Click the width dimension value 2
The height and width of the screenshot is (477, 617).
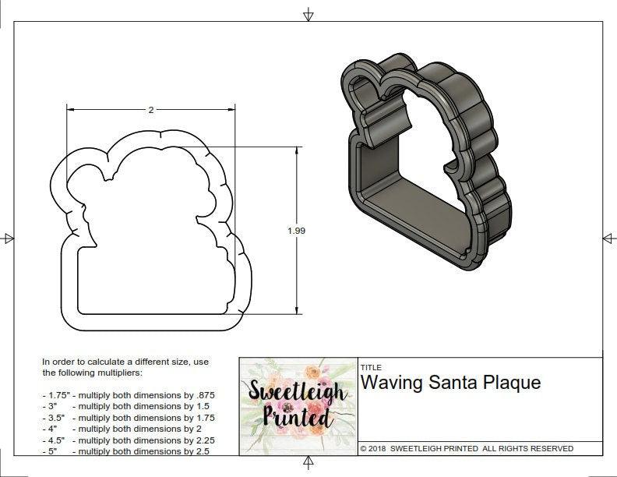pos(150,110)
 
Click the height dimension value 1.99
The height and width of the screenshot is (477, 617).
pos(296,231)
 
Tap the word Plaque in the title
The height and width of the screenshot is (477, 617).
pos(513,383)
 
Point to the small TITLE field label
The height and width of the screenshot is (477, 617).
pos(370,367)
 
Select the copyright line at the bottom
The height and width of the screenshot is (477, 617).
pos(467,448)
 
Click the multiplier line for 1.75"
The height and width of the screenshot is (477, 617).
pos(129,395)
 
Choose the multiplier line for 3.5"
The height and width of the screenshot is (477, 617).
pos(129,417)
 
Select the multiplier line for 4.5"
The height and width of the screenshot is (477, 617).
pos(129,440)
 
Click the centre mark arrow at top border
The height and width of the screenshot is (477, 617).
pos(308,14)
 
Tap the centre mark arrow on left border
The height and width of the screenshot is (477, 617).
pos(9,238)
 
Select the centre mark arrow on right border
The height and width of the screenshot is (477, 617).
pos(608,238)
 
